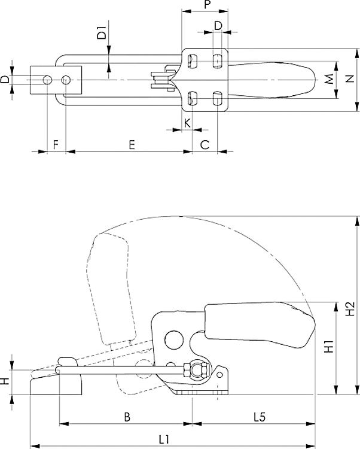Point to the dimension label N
pyautogui.click(x=349, y=81)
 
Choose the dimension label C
pyautogui.click(x=205, y=144)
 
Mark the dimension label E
pyautogui.click(x=131, y=144)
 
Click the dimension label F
pyautogui.click(x=56, y=144)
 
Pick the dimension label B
pyautogui.click(x=126, y=415)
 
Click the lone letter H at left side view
pyautogui.click(x=5, y=381)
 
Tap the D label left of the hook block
pyautogui.click(x=5, y=80)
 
